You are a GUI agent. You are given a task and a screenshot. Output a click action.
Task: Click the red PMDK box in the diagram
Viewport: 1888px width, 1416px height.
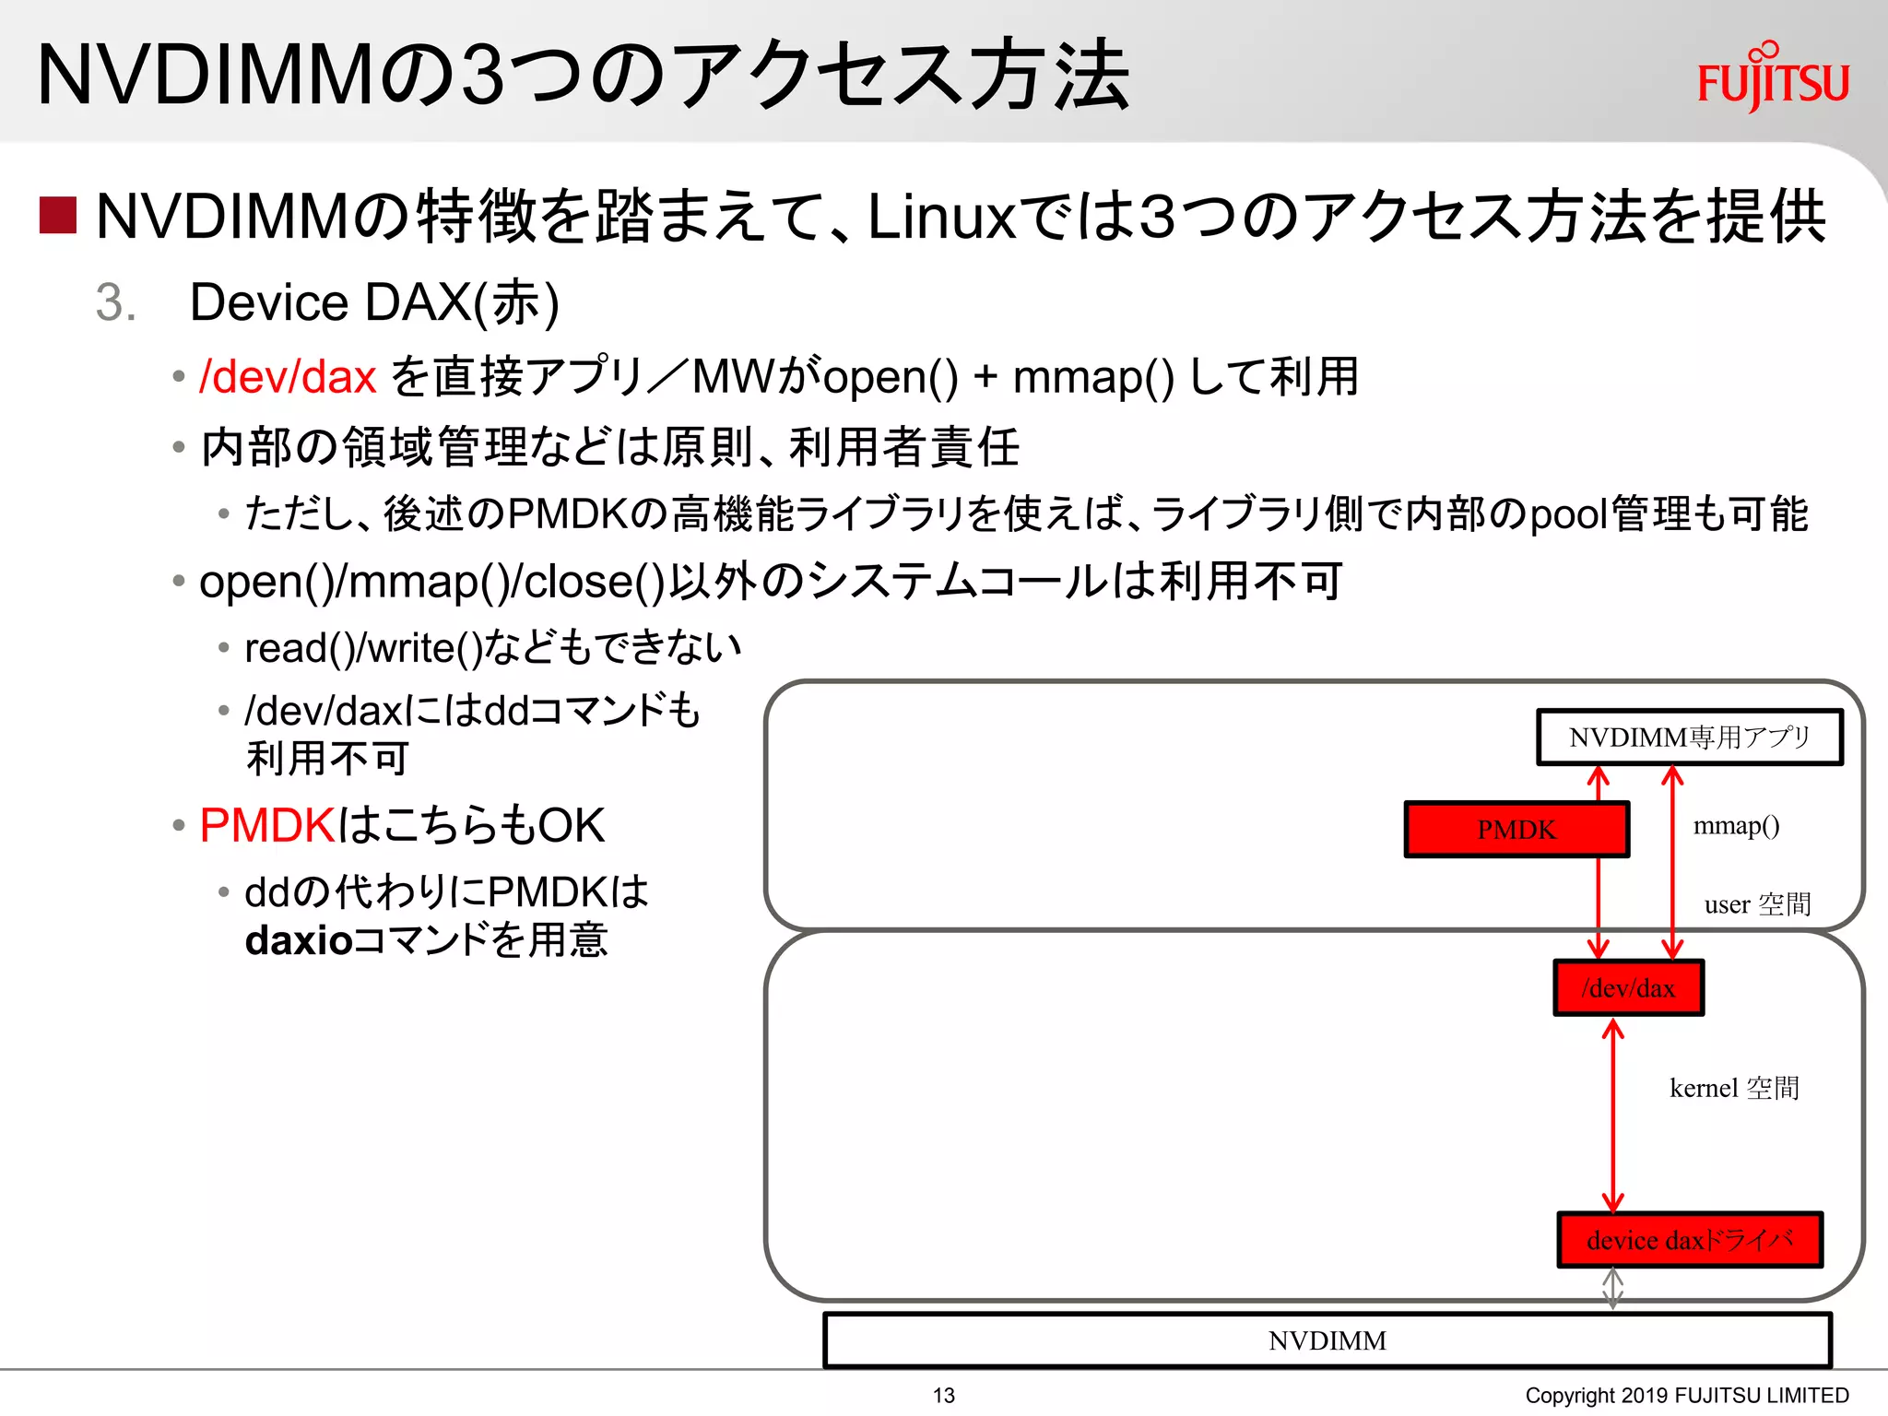coord(1516,830)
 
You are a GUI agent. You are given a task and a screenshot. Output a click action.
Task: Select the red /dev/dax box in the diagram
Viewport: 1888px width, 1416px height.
coord(1628,988)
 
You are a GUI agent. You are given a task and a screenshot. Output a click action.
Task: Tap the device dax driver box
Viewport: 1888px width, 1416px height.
coord(1689,1240)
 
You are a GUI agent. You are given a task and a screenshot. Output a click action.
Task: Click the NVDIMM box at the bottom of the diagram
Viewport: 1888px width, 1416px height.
coord(1327,1340)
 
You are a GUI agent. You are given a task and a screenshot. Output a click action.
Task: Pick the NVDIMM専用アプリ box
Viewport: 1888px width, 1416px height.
coord(1689,737)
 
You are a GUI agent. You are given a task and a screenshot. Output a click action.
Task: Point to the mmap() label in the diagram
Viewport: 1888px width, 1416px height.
coord(1736,825)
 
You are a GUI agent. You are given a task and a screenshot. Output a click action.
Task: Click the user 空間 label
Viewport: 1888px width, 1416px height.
coord(1757,904)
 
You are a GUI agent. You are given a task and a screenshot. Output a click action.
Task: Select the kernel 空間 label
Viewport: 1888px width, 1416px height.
coord(1734,1088)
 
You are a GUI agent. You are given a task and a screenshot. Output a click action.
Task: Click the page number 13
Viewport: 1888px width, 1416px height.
coord(943,1396)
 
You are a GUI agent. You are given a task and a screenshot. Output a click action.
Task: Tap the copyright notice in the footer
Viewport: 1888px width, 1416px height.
coord(1686,1396)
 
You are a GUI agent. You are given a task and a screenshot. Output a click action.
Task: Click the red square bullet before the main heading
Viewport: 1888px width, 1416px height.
coord(57,216)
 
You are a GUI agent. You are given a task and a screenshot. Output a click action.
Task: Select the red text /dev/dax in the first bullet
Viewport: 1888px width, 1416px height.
coord(288,377)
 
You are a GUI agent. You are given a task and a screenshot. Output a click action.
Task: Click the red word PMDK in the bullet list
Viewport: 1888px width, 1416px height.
coord(266,825)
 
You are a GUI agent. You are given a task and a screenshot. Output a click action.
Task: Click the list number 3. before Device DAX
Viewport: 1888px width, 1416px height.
coord(116,302)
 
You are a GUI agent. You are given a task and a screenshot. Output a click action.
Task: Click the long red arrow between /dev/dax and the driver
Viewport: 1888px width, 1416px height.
coord(1612,1115)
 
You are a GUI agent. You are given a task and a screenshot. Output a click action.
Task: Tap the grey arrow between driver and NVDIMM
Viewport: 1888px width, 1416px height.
coord(1612,1289)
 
